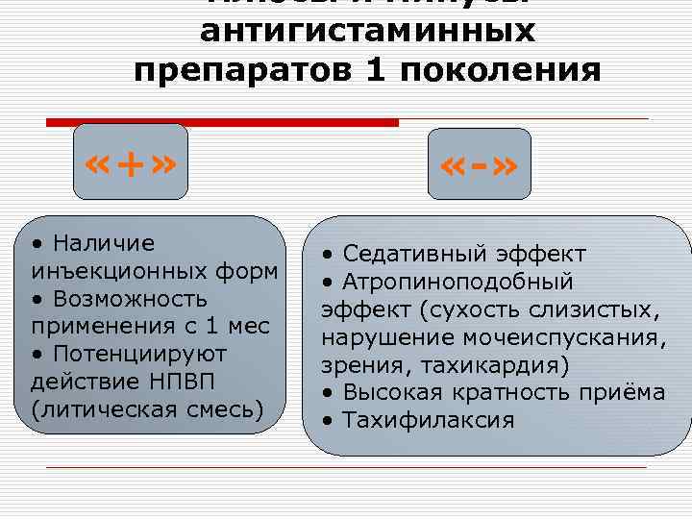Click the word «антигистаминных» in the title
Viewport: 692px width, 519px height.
(x=367, y=33)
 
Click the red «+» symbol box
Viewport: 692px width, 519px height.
(x=132, y=166)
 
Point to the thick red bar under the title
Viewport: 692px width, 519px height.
(x=222, y=123)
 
